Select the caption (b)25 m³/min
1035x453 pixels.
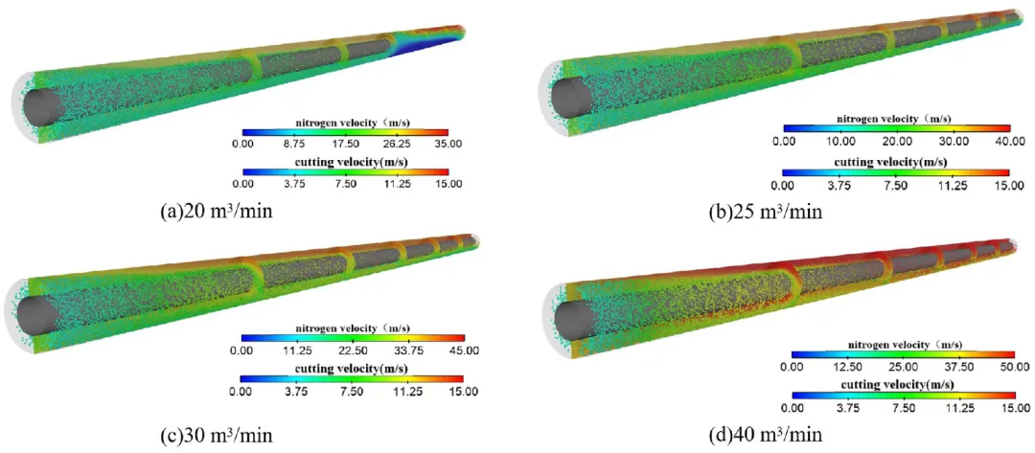coord(765,213)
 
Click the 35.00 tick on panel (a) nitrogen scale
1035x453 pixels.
coord(448,144)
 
